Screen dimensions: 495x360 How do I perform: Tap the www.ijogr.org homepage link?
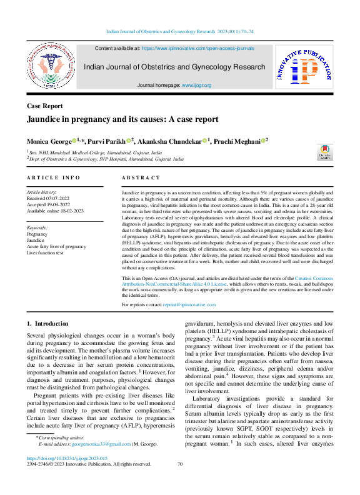pyautogui.click(x=196, y=84)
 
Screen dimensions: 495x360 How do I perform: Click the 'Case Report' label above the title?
pyautogui.click(x=44, y=106)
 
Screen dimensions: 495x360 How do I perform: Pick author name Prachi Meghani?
pyautogui.click(x=237, y=142)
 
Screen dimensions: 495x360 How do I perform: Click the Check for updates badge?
pyautogui.click(x=324, y=152)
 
